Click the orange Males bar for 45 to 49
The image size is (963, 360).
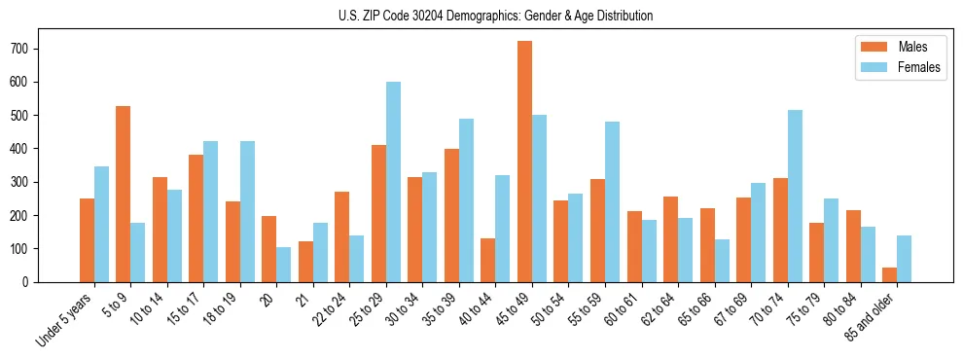pos(525,162)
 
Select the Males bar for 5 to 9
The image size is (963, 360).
pos(124,194)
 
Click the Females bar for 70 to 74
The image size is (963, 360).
pos(796,196)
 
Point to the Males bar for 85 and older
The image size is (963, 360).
pos(890,274)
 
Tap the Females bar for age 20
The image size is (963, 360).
pos(284,265)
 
